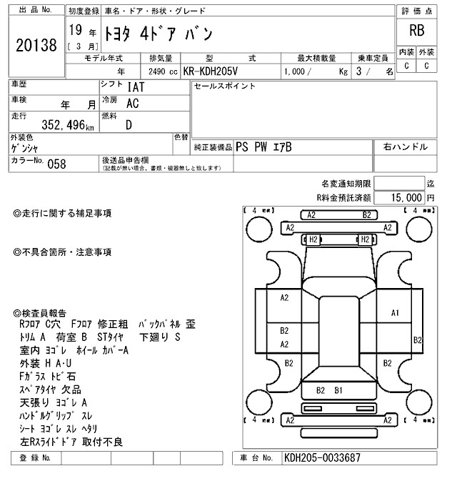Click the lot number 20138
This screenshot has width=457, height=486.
(x=35, y=44)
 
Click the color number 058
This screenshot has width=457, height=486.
(x=56, y=164)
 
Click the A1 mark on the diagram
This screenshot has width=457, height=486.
(x=395, y=313)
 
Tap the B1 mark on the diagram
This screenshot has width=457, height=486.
(x=338, y=390)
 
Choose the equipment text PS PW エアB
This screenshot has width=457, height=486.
(x=263, y=147)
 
